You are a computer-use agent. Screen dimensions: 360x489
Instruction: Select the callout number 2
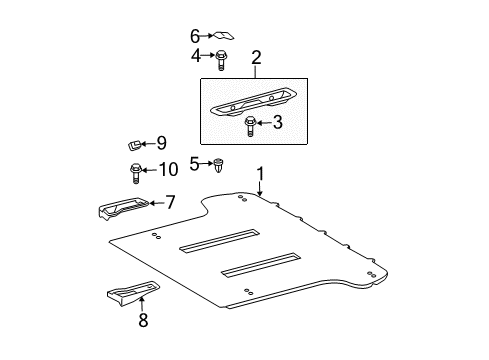coord(256,59)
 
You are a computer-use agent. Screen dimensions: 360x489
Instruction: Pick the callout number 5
coord(195,162)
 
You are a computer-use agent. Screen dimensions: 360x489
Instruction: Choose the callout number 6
coord(196,35)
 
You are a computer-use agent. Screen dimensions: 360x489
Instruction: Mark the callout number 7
coord(170,202)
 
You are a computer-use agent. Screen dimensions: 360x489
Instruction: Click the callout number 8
coord(144,321)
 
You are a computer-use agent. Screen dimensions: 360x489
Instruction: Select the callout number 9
coord(161,144)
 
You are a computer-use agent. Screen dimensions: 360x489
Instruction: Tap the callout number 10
coord(167,169)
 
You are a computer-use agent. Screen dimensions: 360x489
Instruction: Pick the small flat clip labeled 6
coord(219,35)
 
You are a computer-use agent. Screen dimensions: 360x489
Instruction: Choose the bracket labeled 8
coord(128,294)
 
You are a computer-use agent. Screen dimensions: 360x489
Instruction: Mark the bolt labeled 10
coord(136,172)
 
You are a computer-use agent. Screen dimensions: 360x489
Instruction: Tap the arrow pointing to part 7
coord(154,202)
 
